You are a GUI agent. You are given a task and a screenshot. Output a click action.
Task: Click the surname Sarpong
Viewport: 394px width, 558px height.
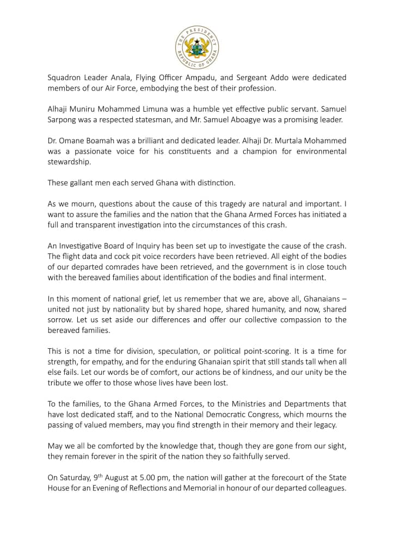[63, 120]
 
